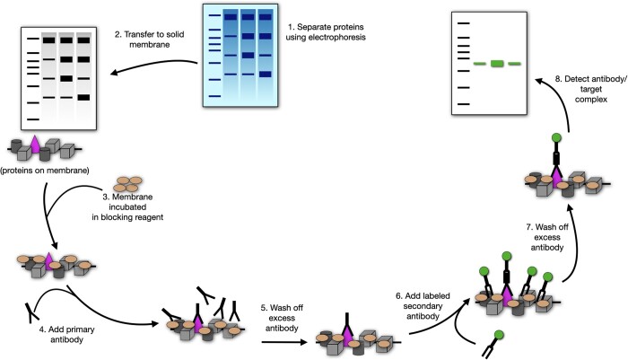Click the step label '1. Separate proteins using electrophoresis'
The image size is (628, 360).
[x=326, y=32]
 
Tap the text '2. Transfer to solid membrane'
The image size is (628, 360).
[x=150, y=40]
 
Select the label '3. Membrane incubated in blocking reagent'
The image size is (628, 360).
[x=127, y=207]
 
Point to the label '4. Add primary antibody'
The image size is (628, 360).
[x=67, y=334]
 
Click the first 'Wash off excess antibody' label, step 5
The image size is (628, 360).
[x=282, y=318]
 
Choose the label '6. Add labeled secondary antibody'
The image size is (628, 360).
[x=423, y=306]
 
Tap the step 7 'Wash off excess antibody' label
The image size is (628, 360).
[x=547, y=237]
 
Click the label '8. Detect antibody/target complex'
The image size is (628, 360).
[x=590, y=89]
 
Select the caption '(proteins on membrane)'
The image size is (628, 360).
[x=45, y=171]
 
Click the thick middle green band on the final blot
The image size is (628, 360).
[x=497, y=64]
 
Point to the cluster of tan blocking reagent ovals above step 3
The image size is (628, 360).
[x=127, y=184]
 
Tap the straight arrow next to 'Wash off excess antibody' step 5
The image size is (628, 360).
[x=284, y=342]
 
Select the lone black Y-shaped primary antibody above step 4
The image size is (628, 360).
[x=31, y=313]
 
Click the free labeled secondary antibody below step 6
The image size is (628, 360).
[x=493, y=344]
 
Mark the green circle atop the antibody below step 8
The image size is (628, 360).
[x=556, y=138]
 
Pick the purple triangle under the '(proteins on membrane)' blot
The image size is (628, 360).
[x=35, y=144]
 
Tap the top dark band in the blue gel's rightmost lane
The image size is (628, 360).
[x=266, y=17]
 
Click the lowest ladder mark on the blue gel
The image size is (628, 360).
[x=214, y=96]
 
